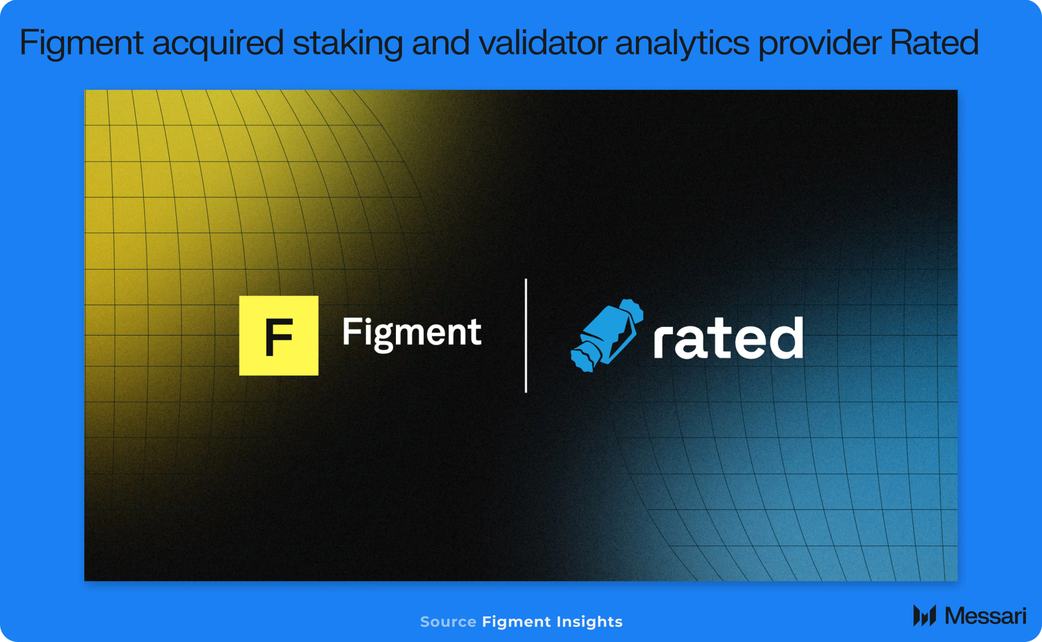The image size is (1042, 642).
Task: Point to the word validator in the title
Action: (542, 42)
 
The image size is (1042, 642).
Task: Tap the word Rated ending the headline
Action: (934, 42)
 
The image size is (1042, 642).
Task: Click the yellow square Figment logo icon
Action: (279, 336)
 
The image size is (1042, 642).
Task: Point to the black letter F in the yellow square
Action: (279, 337)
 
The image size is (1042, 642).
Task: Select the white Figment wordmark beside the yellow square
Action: (412, 333)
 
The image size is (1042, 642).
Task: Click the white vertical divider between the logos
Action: (526, 336)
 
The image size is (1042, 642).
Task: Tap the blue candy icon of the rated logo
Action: (607, 336)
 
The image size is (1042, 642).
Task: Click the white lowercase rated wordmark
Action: (728, 338)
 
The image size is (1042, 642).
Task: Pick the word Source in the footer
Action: (448, 622)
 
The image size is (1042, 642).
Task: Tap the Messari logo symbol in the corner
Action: (925, 616)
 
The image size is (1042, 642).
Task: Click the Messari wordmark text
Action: (986, 616)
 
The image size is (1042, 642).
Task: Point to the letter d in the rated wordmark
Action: (784, 338)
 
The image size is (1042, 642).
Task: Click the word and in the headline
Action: (441, 42)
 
